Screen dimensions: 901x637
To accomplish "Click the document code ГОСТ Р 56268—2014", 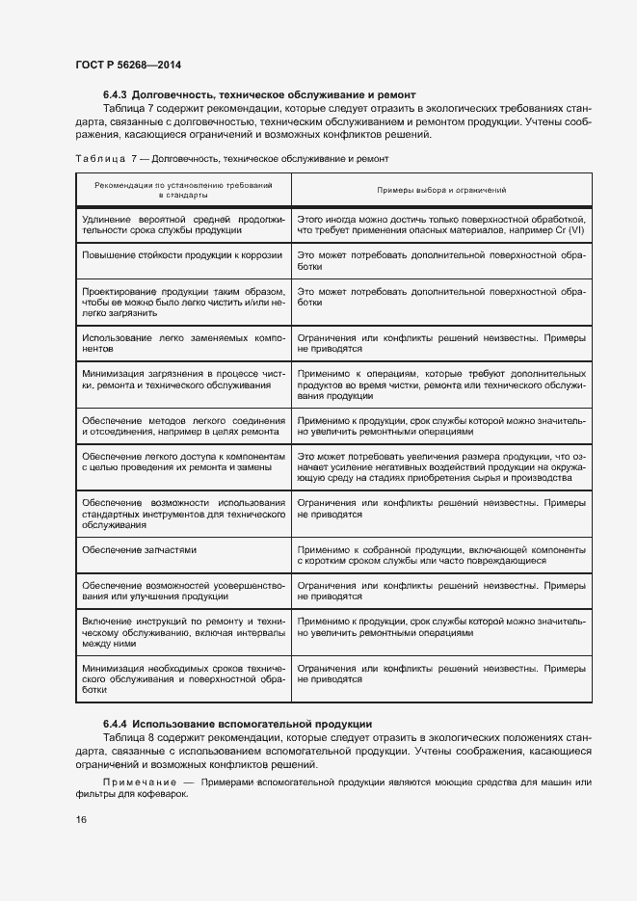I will pos(127,65).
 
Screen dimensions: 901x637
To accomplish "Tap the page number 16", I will pos(81,819).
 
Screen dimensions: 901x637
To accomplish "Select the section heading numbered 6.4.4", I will pos(237,724).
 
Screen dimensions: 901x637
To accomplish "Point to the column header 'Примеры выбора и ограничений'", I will pos(441,191).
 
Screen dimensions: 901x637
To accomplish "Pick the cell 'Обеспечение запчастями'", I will pos(140,549).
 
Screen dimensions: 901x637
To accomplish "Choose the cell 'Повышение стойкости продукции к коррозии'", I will pos(183,254).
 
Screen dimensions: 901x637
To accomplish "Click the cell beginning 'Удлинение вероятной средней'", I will pos(183,225).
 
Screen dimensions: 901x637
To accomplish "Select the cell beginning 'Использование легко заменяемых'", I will pos(183,344).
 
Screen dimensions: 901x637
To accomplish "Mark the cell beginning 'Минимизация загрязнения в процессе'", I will pos(183,380).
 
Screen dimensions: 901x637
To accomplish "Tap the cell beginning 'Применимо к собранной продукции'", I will pos(441,554).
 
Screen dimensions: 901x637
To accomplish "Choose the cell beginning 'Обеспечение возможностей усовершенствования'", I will pos(183,591).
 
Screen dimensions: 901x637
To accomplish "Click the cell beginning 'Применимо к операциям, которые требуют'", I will pos(441,384).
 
